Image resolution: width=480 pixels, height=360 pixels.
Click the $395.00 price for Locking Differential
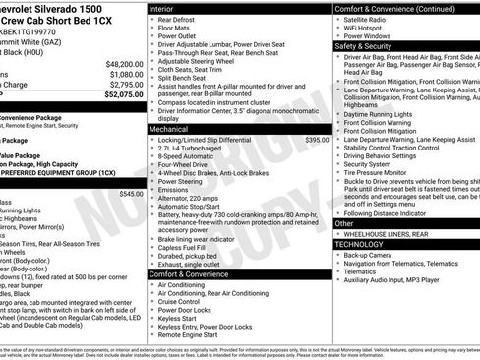pyautogui.click(x=317, y=141)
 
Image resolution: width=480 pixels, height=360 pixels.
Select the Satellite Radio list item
pyautogui.click(x=365, y=18)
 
